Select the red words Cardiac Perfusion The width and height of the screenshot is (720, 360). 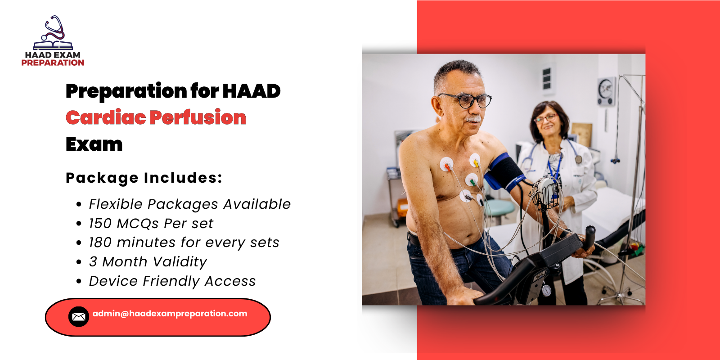(156, 117)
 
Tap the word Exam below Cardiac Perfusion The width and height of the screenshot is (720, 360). (94, 144)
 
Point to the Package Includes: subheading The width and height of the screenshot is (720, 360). (144, 178)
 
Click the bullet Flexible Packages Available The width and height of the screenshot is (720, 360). (189, 204)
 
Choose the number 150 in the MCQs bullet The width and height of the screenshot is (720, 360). (100, 224)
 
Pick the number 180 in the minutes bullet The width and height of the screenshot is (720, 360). (100, 243)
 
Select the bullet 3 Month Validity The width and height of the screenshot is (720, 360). (148, 262)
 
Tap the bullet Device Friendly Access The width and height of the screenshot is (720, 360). (172, 281)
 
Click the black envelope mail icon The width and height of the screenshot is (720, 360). (78, 317)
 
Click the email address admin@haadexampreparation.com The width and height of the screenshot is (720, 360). (170, 314)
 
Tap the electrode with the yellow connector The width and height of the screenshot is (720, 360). (475, 160)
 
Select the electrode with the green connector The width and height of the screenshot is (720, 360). (472, 180)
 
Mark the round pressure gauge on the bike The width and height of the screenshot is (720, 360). (546, 290)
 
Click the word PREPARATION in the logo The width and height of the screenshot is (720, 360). (53, 63)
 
